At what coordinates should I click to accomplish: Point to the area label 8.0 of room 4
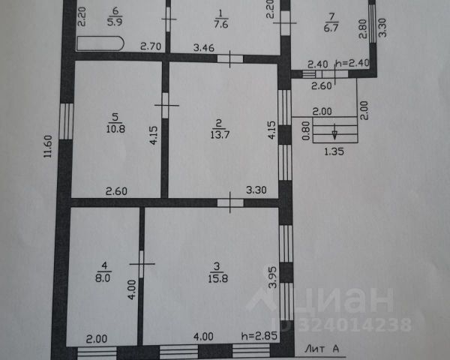103,276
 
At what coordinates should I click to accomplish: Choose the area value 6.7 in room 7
330,28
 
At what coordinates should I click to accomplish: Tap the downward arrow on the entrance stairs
334,135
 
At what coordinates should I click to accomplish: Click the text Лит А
322,348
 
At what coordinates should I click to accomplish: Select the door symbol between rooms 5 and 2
166,103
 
